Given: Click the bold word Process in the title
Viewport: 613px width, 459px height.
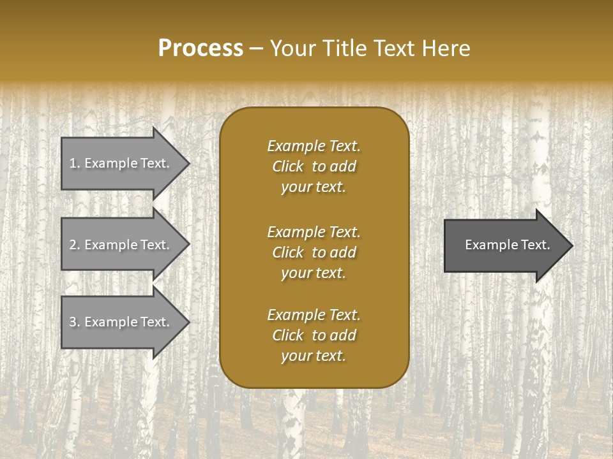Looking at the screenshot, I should pyautogui.click(x=201, y=48).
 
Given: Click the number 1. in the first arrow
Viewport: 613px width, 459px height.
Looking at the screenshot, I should pyautogui.click(x=75, y=163).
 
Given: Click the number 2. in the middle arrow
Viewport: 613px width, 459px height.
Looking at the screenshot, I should pyautogui.click(x=75, y=245).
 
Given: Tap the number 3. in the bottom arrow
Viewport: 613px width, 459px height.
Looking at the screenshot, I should pyautogui.click(x=75, y=322).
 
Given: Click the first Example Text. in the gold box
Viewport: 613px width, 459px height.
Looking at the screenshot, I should pyautogui.click(x=314, y=146).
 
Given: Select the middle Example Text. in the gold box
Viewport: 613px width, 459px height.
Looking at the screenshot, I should pyautogui.click(x=314, y=231).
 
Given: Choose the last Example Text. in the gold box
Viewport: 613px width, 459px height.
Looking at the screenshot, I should pyautogui.click(x=314, y=315).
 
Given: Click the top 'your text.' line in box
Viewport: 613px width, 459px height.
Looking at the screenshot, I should pyautogui.click(x=314, y=187).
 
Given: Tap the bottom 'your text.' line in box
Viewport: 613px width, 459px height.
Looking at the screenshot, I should pyautogui.click(x=314, y=356).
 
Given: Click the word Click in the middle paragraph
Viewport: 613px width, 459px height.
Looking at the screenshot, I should pyautogui.click(x=287, y=252).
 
